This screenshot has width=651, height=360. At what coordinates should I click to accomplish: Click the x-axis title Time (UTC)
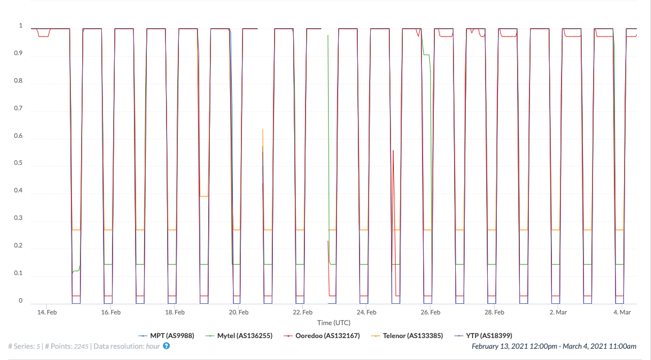click(x=334, y=323)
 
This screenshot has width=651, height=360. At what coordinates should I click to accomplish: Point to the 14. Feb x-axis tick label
click(x=47, y=312)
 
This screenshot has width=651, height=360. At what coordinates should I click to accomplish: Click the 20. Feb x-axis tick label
click(x=239, y=312)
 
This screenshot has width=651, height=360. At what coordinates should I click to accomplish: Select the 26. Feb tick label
click(x=430, y=312)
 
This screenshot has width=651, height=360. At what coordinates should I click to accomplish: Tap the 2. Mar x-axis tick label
click(x=559, y=312)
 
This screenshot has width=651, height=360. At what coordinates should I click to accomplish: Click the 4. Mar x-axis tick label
click(x=622, y=312)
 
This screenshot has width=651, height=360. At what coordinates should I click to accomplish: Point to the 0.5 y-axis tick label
click(x=18, y=163)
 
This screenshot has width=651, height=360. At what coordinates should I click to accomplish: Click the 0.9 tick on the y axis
click(x=18, y=53)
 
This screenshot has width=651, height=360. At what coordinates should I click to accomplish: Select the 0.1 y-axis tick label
click(x=18, y=273)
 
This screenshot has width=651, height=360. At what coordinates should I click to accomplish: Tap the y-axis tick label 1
click(x=21, y=26)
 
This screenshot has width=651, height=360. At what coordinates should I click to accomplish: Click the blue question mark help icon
click(x=167, y=346)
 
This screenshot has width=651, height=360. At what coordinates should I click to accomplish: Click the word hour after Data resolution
click(x=153, y=346)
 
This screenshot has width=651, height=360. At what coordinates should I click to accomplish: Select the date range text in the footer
click(x=554, y=346)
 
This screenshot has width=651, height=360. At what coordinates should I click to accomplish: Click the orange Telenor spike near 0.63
click(x=263, y=130)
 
